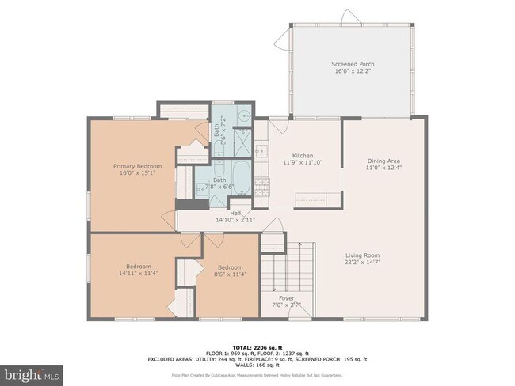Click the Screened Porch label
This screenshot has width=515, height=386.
tap(352, 63)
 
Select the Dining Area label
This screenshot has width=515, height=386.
tap(383, 160)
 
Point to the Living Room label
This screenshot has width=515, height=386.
tap(362, 255)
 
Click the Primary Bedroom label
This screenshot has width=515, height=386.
tap(137, 166)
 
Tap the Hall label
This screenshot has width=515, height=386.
tap(235, 213)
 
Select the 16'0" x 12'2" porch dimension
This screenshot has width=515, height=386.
tap(352, 70)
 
